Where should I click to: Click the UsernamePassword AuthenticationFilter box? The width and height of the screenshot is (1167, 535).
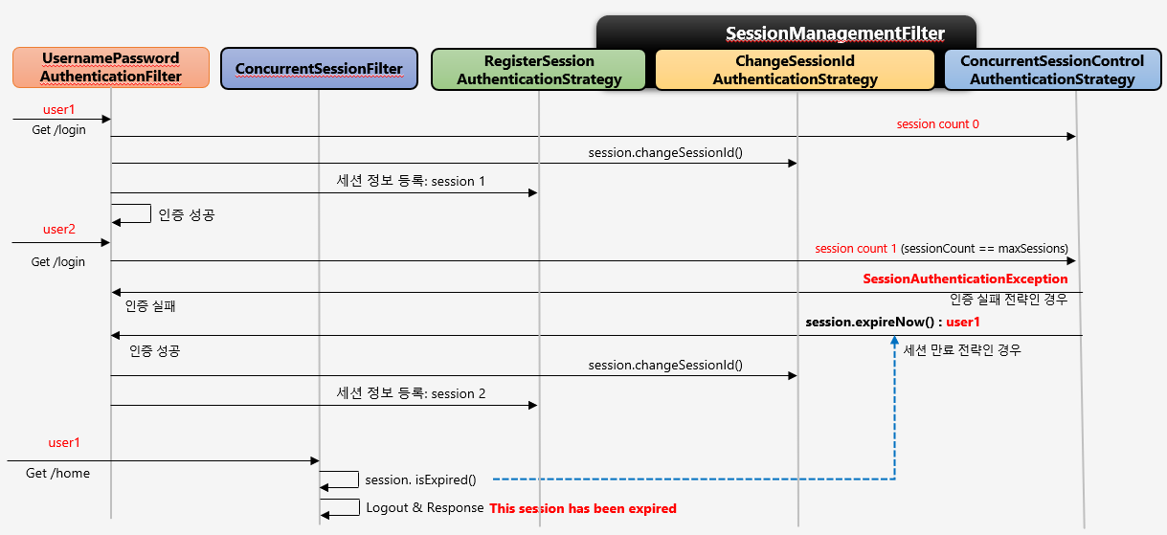click(110, 68)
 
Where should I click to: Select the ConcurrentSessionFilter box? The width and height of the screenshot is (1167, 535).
click(319, 69)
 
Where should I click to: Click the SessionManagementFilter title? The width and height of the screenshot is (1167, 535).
click(835, 33)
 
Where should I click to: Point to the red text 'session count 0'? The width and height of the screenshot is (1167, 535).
click(937, 124)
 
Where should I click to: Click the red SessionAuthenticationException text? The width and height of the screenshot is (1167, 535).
click(965, 279)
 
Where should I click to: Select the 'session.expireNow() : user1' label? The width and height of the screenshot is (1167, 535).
click(892, 323)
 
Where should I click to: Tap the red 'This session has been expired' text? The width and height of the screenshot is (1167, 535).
click(583, 509)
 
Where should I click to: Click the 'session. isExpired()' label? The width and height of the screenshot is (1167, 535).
click(420, 479)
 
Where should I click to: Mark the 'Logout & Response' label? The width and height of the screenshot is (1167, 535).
click(424, 508)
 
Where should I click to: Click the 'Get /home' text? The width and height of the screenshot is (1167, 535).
click(57, 474)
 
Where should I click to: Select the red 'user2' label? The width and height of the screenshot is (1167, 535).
click(58, 230)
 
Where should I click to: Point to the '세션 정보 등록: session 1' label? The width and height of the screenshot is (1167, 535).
click(411, 181)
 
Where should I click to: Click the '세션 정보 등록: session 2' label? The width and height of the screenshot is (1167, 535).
click(411, 393)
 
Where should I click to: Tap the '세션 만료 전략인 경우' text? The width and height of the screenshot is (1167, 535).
click(962, 350)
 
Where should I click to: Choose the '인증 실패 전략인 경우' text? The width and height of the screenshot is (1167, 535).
click(1008, 300)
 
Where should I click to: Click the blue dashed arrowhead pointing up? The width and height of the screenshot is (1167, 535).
click(894, 342)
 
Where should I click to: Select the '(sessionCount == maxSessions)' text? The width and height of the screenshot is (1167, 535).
click(984, 249)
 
